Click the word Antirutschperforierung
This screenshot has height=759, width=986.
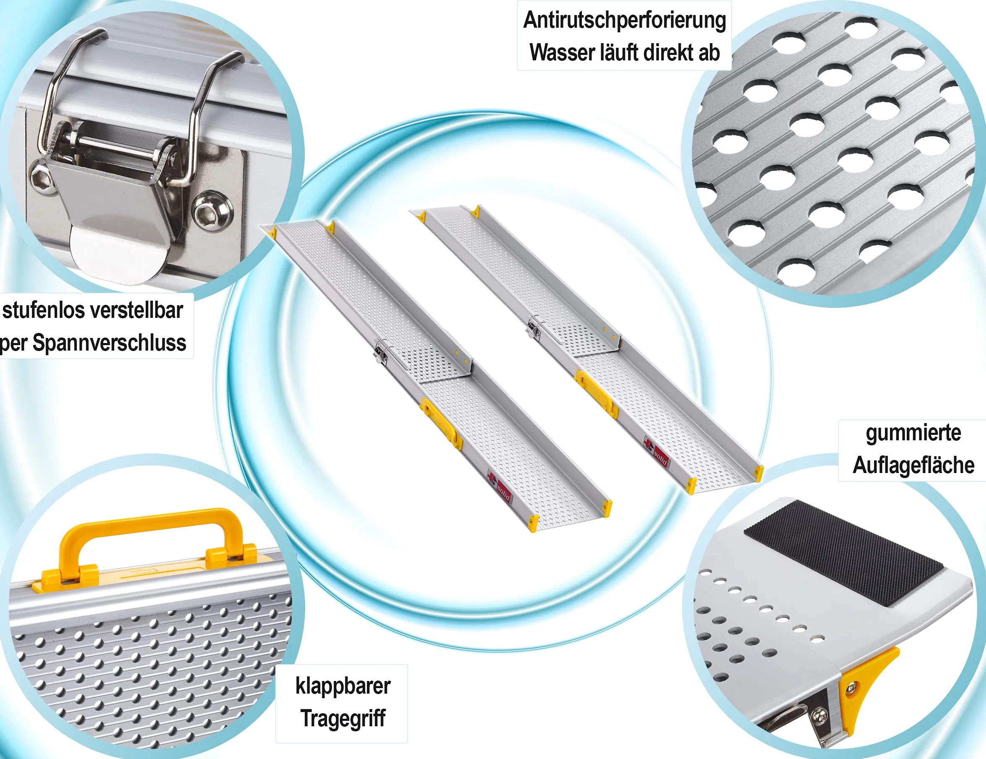[624, 20]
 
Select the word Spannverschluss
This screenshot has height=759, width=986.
[109, 343]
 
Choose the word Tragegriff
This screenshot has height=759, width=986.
[343, 718]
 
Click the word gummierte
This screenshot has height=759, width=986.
[913, 433]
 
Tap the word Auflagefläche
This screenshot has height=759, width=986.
[913, 465]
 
